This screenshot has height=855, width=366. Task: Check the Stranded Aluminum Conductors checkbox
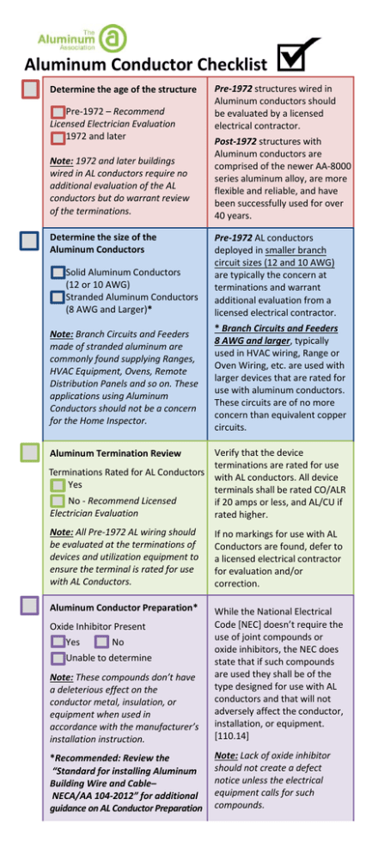pyautogui.click(x=58, y=297)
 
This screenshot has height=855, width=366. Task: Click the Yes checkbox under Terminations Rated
pyautogui.click(x=58, y=485)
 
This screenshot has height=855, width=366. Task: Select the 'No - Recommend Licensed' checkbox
pyautogui.click(x=58, y=501)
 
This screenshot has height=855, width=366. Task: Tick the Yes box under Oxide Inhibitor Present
pyautogui.click(x=58, y=642)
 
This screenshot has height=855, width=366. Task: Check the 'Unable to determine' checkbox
pyautogui.click(x=58, y=658)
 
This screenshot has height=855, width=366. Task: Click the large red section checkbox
pyautogui.click(x=28, y=89)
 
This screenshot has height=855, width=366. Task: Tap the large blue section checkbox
pyautogui.click(x=28, y=239)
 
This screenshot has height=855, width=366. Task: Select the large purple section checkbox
pyautogui.click(x=28, y=606)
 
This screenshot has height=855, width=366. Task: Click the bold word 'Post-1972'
pyautogui.click(x=239, y=140)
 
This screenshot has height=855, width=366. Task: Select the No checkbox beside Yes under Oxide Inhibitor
pyautogui.click(x=101, y=642)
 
